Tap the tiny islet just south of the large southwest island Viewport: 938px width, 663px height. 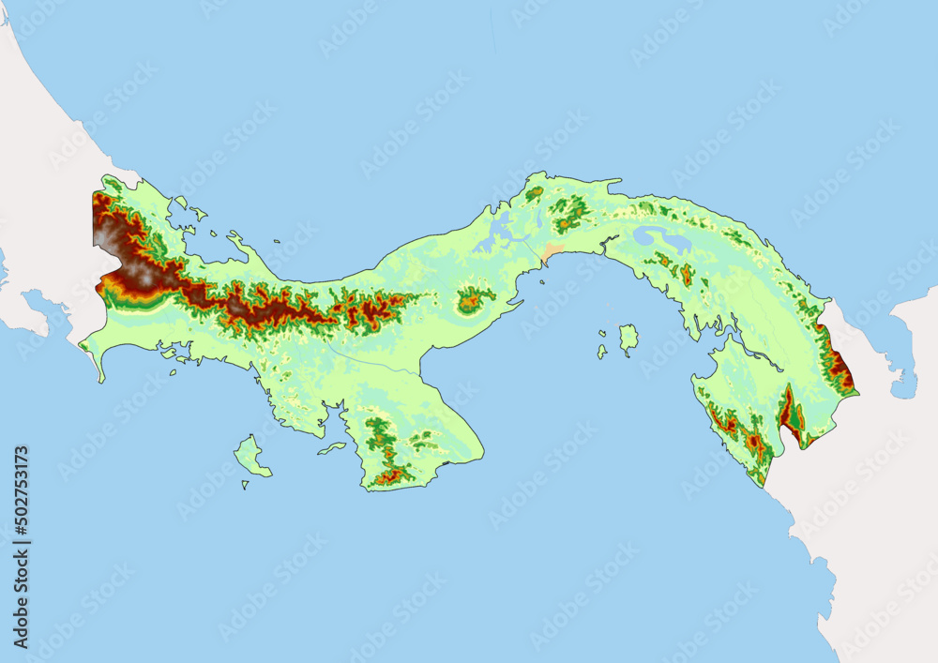245,485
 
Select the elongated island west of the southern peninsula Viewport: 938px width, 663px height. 332,448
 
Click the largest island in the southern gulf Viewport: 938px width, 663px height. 628,336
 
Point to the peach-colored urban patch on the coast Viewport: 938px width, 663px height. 552,252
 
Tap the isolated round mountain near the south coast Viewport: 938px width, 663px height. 474,300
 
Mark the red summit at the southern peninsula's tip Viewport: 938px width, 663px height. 390,476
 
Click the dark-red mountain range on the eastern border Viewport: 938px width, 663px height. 838,361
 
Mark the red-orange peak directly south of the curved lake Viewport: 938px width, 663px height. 687,274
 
